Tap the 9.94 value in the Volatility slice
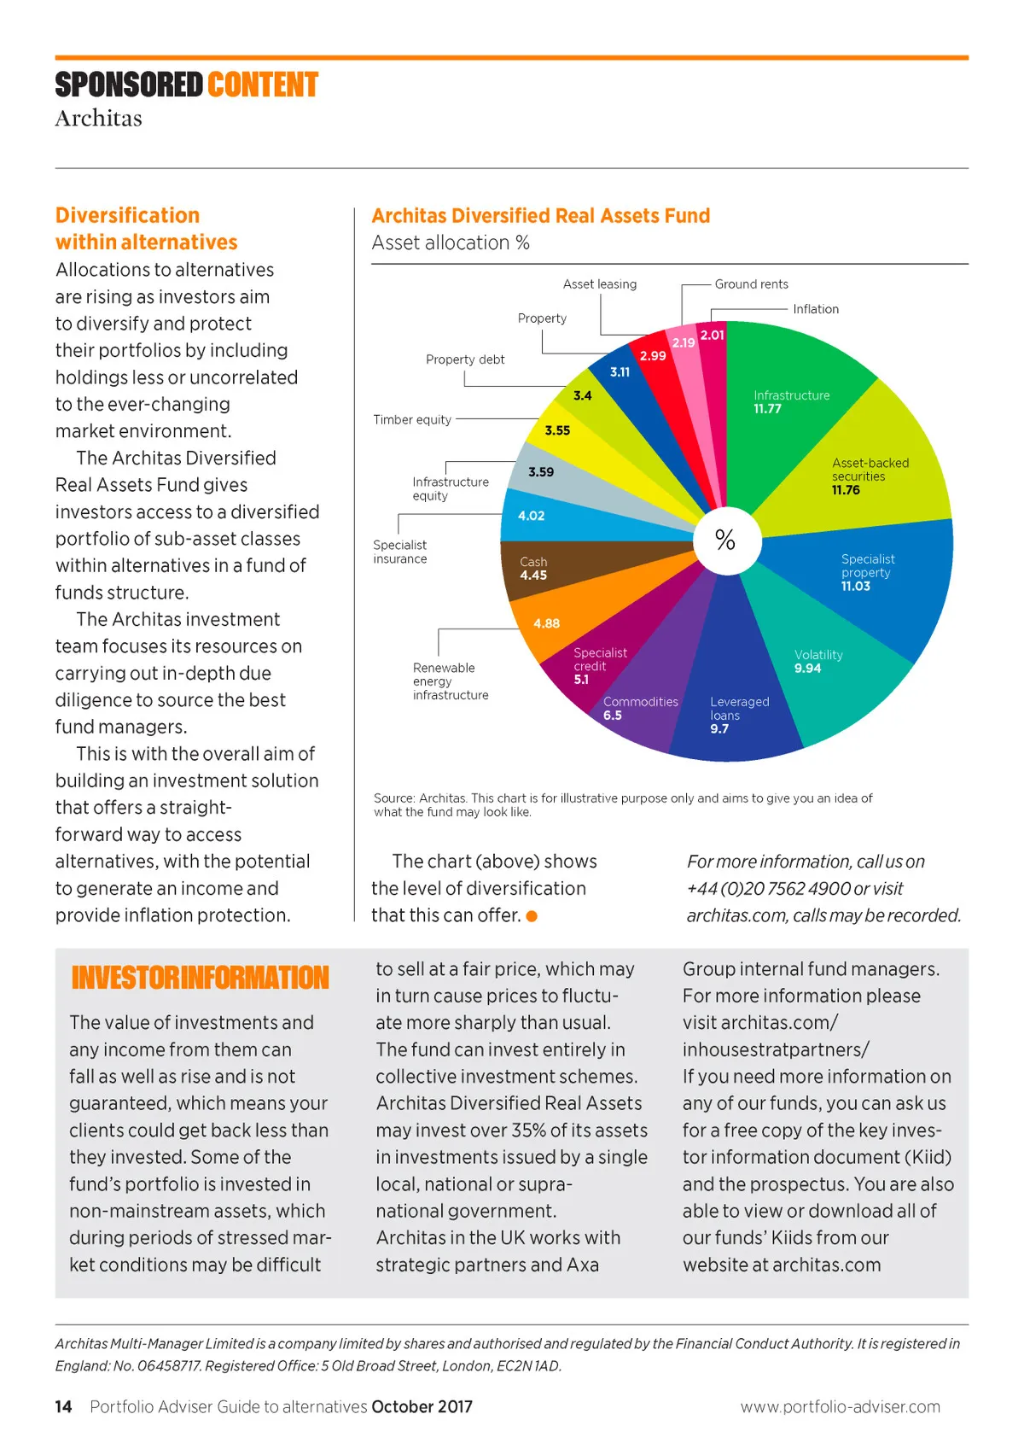pyautogui.click(x=807, y=669)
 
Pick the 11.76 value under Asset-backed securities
pyautogui.click(x=846, y=490)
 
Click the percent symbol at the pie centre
pyautogui.click(x=725, y=540)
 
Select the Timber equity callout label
pyautogui.click(x=412, y=419)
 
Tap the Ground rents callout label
pyautogui.click(x=751, y=284)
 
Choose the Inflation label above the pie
pyautogui.click(x=816, y=309)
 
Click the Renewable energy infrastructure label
pyautogui.click(x=451, y=681)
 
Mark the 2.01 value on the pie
pyautogui.click(x=713, y=335)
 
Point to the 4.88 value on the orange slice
pyautogui.click(x=547, y=623)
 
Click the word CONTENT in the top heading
pyautogui.click(x=262, y=85)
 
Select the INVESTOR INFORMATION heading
pyautogui.click(x=200, y=978)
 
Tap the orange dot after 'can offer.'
pyautogui.click(x=532, y=916)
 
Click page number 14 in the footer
pyautogui.click(x=64, y=1406)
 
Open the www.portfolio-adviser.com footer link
pyautogui.click(x=840, y=1406)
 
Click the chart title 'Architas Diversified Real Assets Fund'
pyautogui.click(x=540, y=216)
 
